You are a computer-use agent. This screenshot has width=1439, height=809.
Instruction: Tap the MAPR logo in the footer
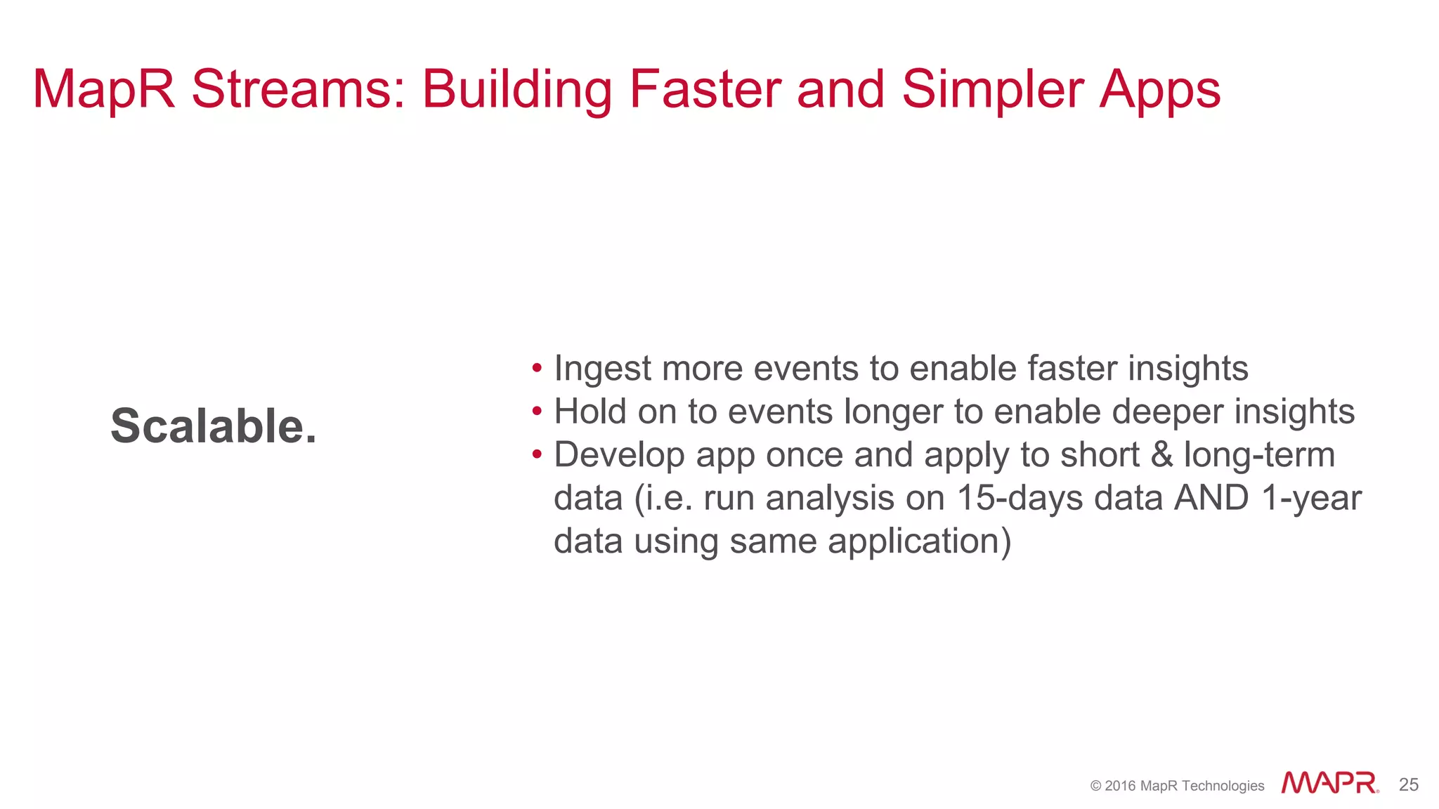point(1329,783)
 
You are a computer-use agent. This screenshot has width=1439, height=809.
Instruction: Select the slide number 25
point(1408,784)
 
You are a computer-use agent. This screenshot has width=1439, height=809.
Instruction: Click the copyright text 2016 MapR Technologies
point(1177,786)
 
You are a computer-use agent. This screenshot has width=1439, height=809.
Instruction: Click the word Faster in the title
point(704,89)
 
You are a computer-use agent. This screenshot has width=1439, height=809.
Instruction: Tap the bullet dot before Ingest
point(537,368)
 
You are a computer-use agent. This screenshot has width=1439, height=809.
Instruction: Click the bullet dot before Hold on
point(537,412)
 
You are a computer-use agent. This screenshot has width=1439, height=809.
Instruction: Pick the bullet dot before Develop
point(537,454)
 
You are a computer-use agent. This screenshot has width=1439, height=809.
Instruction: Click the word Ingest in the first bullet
point(602,369)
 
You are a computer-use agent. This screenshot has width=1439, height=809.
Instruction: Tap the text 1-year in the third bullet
point(1311,499)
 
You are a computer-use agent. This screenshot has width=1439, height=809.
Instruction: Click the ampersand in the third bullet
point(1161,454)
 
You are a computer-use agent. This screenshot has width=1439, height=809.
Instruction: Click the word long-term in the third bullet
point(1259,455)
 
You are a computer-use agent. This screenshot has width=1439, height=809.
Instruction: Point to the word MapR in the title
point(104,89)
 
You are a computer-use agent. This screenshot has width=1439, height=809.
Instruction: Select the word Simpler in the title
point(992,89)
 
